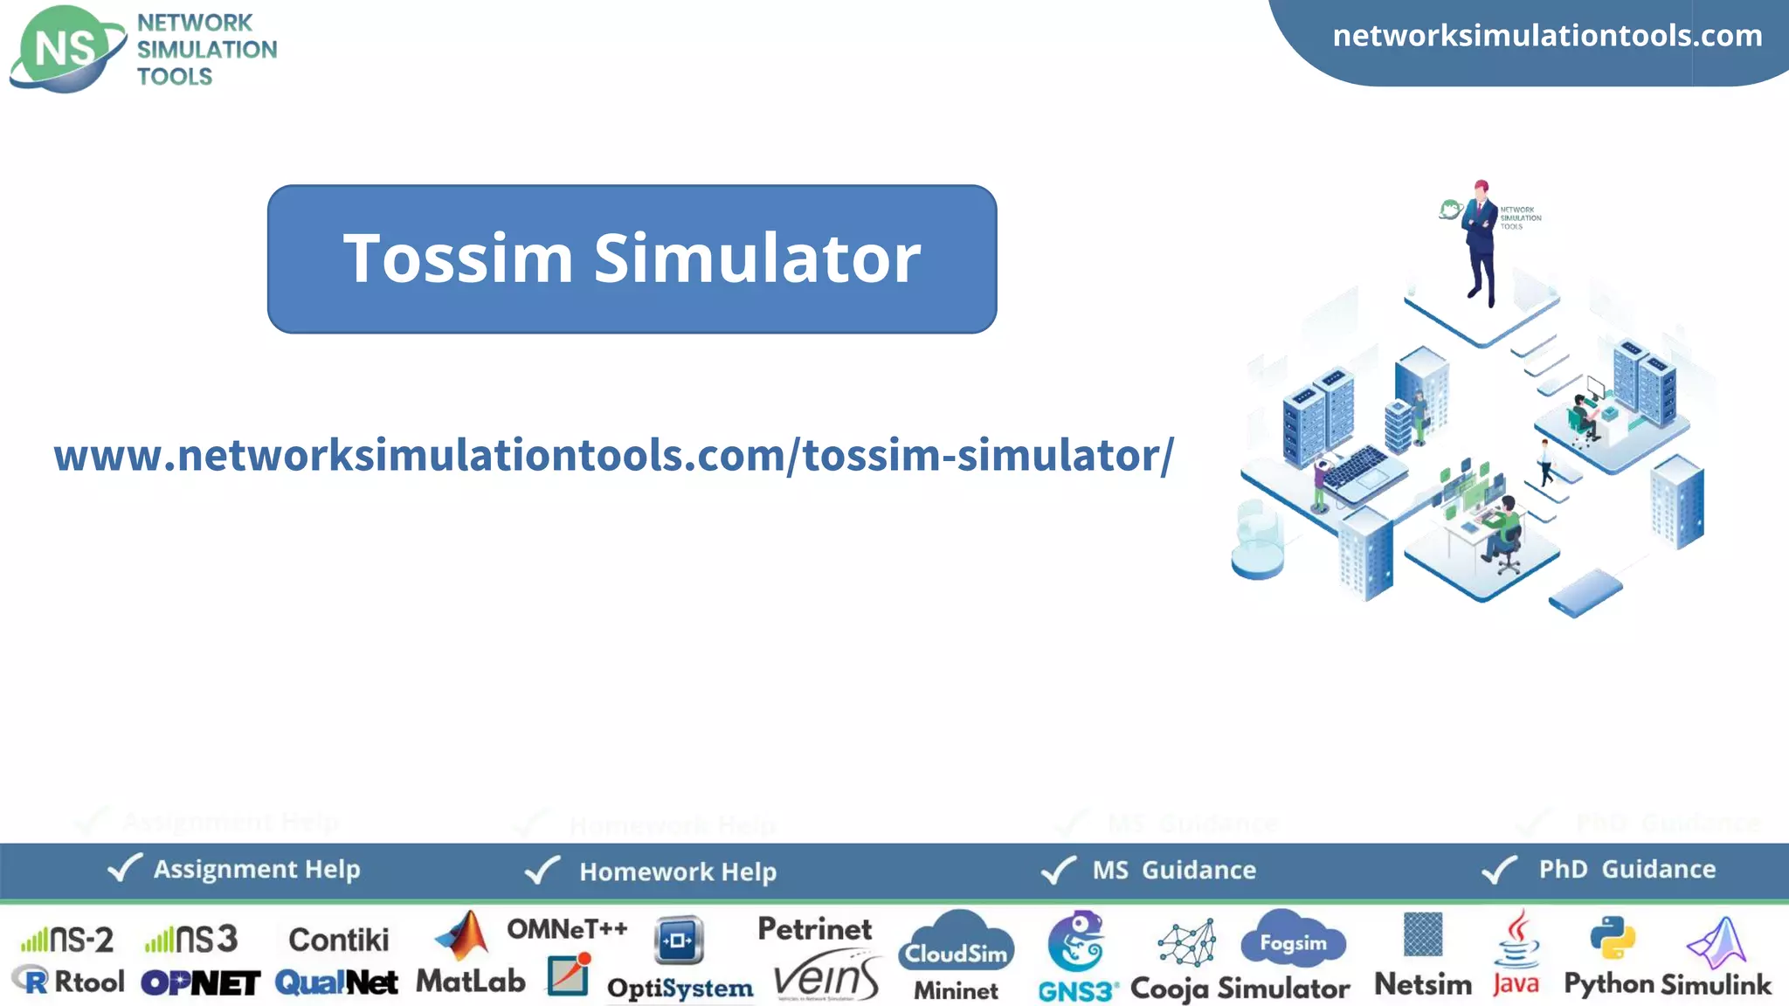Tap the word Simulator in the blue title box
pos(756,258)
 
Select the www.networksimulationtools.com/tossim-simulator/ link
pos(613,455)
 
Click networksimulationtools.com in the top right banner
pos(1547,36)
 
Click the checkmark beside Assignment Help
pos(124,868)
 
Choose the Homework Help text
pos(678,872)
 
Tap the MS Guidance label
pos(1174,870)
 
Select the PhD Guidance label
pos(1627,869)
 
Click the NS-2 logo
pos(68,940)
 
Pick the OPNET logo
pos(200,983)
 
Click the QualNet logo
pos(336,983)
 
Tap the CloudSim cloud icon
pos(956,944)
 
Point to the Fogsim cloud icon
pos(1293,941)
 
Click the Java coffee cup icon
pos(1518,940)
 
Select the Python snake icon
pos(1613,939)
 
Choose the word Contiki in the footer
pos(339,940)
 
